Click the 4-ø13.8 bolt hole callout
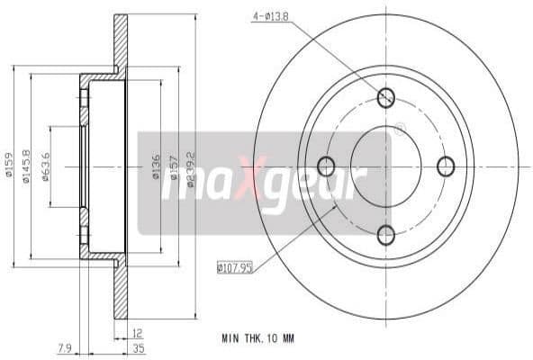pyautogui.click(x=270, y=16)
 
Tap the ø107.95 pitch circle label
pyautogui.click(x=235, y=265)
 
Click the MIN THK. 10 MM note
pyautogui.click(x=257, y=338)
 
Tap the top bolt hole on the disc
pyautogui.click(x=386, y=97)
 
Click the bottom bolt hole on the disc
pyautogui.click(x=386, y=235)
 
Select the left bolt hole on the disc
pyautogui.click(x=326, y=166)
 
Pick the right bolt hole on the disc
pyautogui.click(x=446, y=166)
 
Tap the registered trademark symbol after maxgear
pyautogui.click(x=399, y=130)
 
